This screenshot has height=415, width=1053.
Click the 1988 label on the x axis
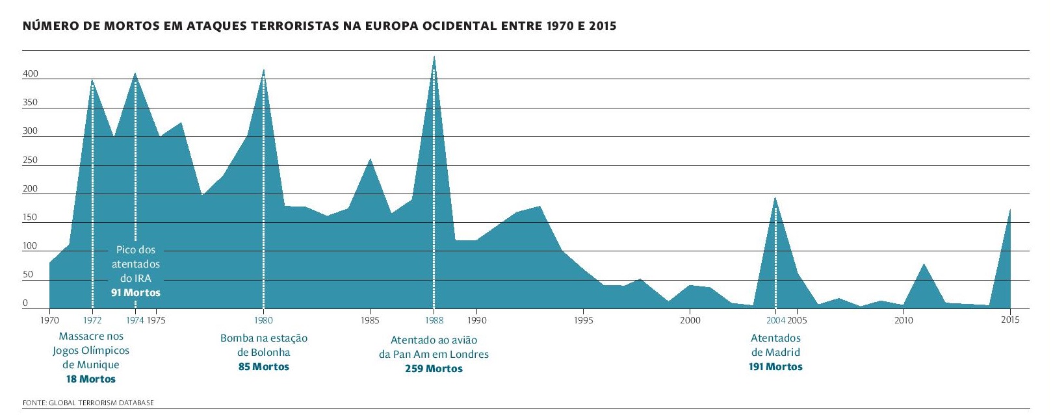[x=434, y=320]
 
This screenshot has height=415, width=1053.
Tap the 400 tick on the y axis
[x=31, y=74]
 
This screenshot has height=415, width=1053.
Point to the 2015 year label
[x=1010, y=320]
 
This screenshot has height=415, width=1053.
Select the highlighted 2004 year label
[x=775, y=320]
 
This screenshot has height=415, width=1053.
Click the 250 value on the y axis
[x=31, y=160]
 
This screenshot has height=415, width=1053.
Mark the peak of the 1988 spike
[x=434, y=57]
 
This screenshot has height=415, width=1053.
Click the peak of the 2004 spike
[x=775, y=197]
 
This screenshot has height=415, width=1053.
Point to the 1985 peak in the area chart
[x=370, y=159]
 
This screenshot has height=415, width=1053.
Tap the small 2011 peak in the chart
[x=924, y=264]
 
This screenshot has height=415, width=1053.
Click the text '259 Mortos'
[x=434, y=369]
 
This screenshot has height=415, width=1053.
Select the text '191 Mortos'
[x=775, y=367]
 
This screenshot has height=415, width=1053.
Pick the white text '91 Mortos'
[x=135, y=293]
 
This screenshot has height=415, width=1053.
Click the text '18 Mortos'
[x=91, y=379]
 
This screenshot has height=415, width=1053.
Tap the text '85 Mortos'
[x=264, y=367]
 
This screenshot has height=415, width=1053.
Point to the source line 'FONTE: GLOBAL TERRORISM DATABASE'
[x=88, y=403]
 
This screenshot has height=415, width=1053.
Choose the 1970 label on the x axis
[x=49, y=320]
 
